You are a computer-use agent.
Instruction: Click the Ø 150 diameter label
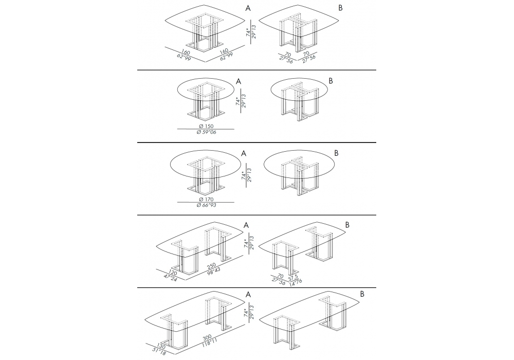pos(206,126)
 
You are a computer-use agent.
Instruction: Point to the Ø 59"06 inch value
pos(206,132)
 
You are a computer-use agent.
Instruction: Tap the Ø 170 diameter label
pos(206,200)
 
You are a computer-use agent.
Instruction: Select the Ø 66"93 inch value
pos(206,205)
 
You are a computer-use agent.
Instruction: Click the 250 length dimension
pos(212,265)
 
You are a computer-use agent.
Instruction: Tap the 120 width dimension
pos(173,273)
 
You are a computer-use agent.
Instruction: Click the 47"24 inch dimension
pos(170,279)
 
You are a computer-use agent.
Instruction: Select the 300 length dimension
pos(208,338)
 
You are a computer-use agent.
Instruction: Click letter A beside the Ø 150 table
pos(238,81)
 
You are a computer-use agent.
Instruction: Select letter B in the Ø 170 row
pos(336,153)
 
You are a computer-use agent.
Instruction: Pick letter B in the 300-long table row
pos(362,294)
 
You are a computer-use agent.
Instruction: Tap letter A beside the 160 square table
pos(248,9)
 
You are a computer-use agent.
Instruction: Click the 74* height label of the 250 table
pos(247,243)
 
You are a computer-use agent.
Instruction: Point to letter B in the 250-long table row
pos(347,225)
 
